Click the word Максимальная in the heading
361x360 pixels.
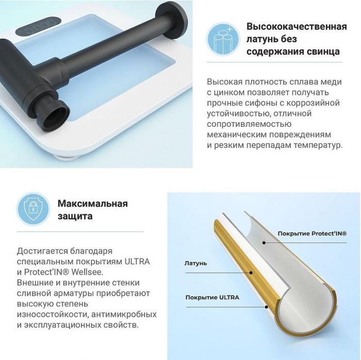(93, 203)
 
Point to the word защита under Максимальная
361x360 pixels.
(75, 216)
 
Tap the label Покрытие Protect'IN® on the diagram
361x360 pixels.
(312, 233)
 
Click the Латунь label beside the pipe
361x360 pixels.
(195, 263)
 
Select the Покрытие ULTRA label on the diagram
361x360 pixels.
(212, 297)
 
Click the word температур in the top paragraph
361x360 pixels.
(316, 145)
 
